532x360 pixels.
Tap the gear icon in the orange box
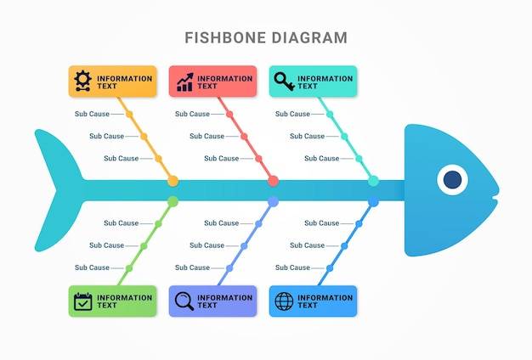coord(82,81)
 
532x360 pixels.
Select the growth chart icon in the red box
coord(185,82)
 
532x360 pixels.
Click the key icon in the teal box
coord(285,82)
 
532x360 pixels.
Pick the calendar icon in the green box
coord(82,301)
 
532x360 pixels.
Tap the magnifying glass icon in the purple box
coord(184,301)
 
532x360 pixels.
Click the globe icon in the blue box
coord(284,301)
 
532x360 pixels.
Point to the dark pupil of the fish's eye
coord(452,180)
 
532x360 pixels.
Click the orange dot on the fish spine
coord(173,181)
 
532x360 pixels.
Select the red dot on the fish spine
coord(273,181)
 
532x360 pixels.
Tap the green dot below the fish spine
coord(173,202)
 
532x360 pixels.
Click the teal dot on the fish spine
coord(373,181)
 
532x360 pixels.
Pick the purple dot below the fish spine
coord(273,202)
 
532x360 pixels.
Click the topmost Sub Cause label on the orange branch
coord(92,114)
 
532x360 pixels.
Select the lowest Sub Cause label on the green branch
coord(92,267)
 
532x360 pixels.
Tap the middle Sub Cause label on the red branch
coord(207,136)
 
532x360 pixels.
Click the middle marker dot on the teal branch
coord(344,137)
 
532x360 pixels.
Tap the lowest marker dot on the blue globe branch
coord(330,268)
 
